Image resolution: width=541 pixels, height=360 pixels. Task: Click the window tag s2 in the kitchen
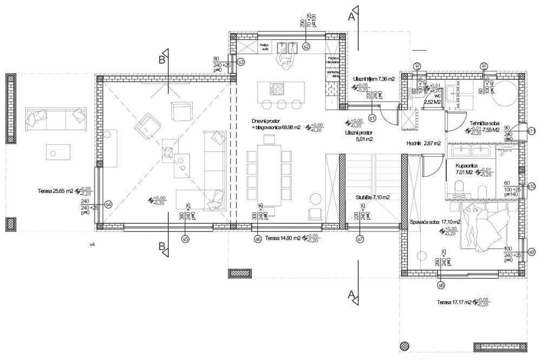point(306,46)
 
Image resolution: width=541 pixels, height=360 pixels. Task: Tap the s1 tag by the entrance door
point(372,117)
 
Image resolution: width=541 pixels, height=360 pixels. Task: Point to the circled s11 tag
point(531,131)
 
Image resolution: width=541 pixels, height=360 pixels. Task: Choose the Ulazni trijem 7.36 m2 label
point(373,79)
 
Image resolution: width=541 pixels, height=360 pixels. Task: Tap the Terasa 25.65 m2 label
point(56,191)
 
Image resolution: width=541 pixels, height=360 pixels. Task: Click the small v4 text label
point(93,245)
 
